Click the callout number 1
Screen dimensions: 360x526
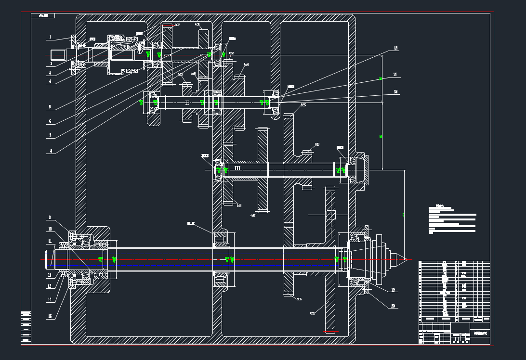tap(50, 37)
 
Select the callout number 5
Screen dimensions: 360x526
tap(50, 107)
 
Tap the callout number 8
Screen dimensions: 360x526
tap(50, 151)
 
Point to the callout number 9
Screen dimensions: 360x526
tap(50, 218)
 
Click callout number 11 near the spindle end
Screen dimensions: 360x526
tap(50, 241)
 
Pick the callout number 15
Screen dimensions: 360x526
tap(50, 316)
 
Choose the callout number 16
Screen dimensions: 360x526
tap(395, 48)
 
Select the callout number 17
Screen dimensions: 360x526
tap(395, 75)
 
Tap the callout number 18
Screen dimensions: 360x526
tap(395, 91)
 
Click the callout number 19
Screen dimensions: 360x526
tap(393, 290)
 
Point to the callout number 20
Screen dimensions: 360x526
tap(393, 306)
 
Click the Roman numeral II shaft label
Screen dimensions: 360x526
tap(187, 102)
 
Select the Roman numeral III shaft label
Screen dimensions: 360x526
tap(237, 168)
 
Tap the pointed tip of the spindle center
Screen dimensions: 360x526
tap(407, 260)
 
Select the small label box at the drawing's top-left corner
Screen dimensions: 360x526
tap(43, 16)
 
